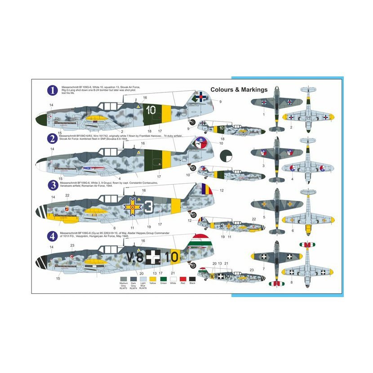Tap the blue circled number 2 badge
point(53,138)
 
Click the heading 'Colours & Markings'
point(239,89)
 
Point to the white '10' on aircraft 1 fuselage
point(151,109)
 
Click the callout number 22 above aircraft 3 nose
point(67,195)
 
